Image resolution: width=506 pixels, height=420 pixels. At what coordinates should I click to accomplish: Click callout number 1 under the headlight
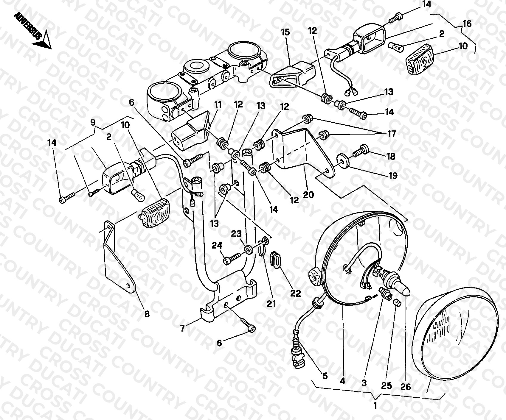375,406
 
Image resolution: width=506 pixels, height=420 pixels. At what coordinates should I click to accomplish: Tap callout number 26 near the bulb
406,387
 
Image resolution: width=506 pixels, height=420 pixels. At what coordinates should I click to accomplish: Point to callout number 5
325,376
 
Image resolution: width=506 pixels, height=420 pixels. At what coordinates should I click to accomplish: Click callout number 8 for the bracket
147,314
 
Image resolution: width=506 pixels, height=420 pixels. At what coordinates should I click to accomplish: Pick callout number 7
182,329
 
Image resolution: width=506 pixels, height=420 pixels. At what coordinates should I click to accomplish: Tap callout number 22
296,293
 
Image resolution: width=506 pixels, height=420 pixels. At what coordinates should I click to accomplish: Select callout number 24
217,246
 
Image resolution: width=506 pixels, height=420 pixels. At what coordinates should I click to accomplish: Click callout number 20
309,195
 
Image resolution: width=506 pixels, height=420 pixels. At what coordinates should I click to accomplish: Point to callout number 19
393,176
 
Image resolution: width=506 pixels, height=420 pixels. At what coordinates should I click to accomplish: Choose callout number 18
391,156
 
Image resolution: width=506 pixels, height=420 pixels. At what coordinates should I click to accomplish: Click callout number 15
285,32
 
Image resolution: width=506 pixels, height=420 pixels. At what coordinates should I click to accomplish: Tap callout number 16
467,24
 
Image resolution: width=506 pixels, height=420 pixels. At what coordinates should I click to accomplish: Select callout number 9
93,122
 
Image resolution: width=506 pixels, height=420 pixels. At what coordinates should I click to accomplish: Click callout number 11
218,105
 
